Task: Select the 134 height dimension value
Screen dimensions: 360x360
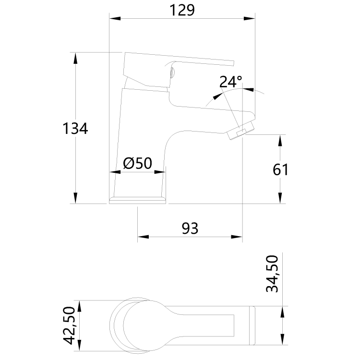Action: click(x=75, y=129)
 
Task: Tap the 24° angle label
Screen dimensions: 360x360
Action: click(x=230, y=81)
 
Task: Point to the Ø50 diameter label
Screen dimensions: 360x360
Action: click(x=137, y=164)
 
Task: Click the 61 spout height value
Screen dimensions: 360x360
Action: click(x=280, y=169)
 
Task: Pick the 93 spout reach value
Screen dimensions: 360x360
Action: click(x=190, y=228)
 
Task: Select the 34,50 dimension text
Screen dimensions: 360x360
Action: click(x=272, y=274)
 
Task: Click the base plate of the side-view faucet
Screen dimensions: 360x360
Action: click(x=139, y=200)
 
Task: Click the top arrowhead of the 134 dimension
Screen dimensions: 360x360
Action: click(x=75, y=58)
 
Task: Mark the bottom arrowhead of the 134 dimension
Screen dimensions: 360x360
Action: click(x=75, y=198)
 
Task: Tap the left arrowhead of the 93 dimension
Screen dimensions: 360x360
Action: click(x=143, y=237)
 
